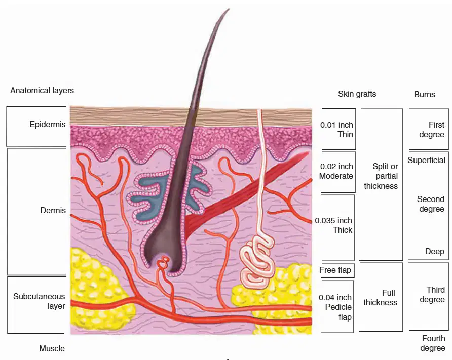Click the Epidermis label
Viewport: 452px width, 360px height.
[48, 125]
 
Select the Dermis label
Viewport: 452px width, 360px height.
[53, 210]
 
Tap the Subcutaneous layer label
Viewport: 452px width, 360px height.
[39, 301]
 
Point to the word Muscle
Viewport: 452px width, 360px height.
[52, 348]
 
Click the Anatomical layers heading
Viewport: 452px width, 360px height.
[42, 91]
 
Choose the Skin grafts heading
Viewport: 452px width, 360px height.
[357, 94]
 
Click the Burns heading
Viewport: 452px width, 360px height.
[424, 95]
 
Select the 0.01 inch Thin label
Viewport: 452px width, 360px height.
[336, 130]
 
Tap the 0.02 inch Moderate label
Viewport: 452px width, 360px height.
[336, 171]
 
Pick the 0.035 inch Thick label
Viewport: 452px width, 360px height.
[333, 225]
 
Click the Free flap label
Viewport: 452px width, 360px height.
[335, 270]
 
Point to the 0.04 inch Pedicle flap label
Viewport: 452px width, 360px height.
[335, 307]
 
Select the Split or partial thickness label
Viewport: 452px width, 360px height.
[381, 176]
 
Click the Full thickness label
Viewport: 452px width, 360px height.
[380, 298]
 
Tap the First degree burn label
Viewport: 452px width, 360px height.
[432, 130]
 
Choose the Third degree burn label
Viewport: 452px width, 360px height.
[432, 295]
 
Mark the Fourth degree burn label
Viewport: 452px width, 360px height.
[433, 343]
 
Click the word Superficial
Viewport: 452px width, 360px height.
[426, 161]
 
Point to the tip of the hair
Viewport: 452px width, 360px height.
[229, 9]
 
